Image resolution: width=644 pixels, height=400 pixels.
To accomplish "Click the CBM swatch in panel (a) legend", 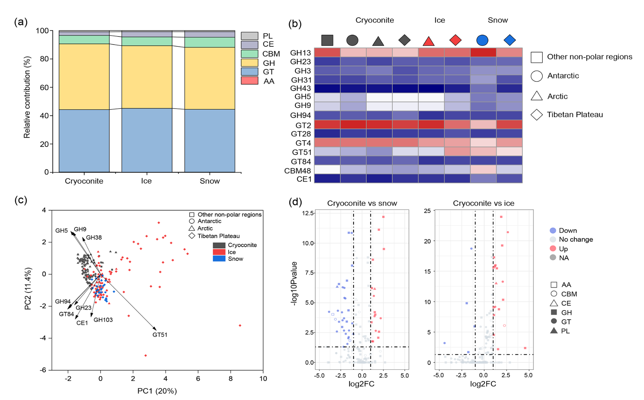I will [x=249, y=54].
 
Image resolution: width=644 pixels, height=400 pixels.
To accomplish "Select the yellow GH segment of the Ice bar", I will [x=147, y=77].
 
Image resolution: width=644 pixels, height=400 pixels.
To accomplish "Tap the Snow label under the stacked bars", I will [x=209, y=181].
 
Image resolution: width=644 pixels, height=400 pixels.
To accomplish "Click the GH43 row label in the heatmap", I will [x=300, y=88].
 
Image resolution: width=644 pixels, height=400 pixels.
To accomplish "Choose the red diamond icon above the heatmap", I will [x=455, y=40].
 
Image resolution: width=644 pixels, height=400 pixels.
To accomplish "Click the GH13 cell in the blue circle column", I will [x=483, y=52].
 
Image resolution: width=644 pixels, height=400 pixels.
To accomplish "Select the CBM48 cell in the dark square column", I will [x=327, y=170].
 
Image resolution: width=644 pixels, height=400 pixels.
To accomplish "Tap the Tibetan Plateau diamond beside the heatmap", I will [x=537, y=115].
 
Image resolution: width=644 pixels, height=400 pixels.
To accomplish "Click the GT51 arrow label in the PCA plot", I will [x=160, y=335].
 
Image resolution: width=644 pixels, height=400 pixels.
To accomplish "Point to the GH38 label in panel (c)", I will [x=94, y=238].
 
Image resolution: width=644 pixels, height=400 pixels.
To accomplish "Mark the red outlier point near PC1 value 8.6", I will [x=240, y=325].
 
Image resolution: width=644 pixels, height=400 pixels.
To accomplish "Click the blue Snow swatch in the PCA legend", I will [x=219, y=259].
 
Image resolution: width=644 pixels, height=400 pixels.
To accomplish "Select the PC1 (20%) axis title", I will [x=157, y=391].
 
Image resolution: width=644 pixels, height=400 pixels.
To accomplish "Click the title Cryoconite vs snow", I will [x=362, y=203].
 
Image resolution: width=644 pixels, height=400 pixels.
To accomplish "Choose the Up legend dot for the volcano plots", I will [x=553, y=248].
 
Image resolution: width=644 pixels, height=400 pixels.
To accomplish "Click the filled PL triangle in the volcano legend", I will [x=554, y=331].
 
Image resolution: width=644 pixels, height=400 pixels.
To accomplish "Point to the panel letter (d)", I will [x=295, y=202].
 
